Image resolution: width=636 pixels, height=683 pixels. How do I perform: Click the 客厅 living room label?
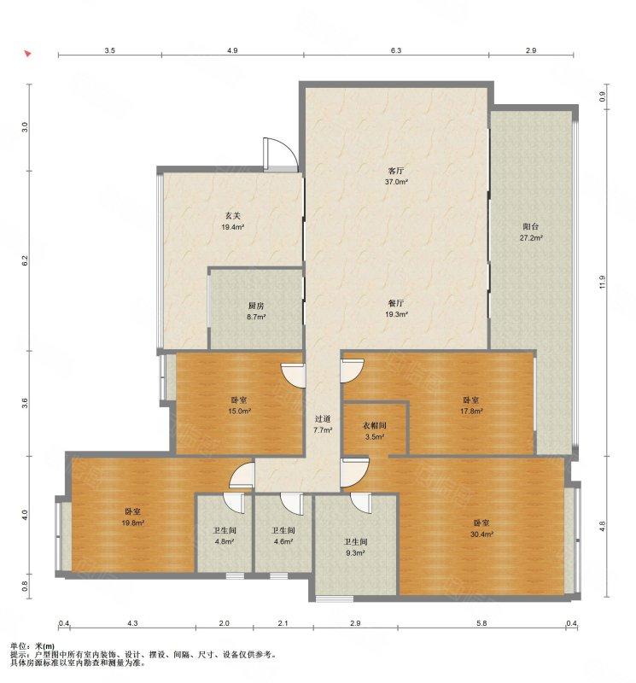pos(396,172)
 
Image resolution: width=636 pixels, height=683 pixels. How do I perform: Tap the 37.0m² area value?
pos(396,182)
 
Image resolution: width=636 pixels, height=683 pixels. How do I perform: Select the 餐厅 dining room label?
pos(396,303)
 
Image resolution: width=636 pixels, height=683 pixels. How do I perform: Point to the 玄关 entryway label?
pos(232,216)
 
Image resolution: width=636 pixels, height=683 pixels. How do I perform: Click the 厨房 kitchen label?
pos(256,306)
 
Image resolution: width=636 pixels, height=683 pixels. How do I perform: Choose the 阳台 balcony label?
pos(531,227)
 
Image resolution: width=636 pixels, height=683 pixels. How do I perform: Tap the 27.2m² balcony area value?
pos(531,238)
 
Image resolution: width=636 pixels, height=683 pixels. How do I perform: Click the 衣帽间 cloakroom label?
pos(375,425)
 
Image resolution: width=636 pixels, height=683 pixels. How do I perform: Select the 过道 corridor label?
pos(323,419)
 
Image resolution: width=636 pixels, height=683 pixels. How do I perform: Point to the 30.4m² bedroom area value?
pos(481,534)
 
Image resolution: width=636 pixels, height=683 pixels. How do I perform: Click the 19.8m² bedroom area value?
pos(133,523)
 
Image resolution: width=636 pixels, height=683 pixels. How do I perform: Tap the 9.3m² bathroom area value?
pos(355,552)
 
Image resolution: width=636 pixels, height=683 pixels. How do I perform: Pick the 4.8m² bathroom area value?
pos(225,542)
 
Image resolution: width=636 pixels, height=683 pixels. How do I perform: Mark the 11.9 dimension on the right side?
pos(603,282)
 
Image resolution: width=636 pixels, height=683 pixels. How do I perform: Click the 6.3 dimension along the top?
pos(395,50)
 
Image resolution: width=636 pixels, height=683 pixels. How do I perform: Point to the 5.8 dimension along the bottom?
pos(481,623)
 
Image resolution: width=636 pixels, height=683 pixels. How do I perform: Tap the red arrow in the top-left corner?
pos(27,54)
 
